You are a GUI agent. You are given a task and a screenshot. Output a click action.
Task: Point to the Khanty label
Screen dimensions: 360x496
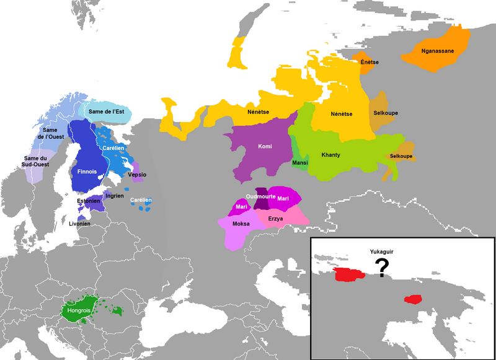[331, 154]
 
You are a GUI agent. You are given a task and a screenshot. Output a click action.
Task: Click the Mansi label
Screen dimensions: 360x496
[299, 163]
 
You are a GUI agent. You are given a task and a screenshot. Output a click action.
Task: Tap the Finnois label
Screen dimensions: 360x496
[84, 170]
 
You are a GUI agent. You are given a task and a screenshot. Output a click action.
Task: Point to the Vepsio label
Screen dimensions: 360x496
[137, 175]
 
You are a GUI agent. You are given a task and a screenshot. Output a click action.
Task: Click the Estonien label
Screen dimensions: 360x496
[88, 201]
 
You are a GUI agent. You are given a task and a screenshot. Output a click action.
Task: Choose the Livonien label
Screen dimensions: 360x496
[79, 223]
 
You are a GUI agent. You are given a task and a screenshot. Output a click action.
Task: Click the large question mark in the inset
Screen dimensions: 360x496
[383, 267]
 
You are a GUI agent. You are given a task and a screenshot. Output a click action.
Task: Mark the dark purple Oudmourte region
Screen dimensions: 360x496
[262, 200]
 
